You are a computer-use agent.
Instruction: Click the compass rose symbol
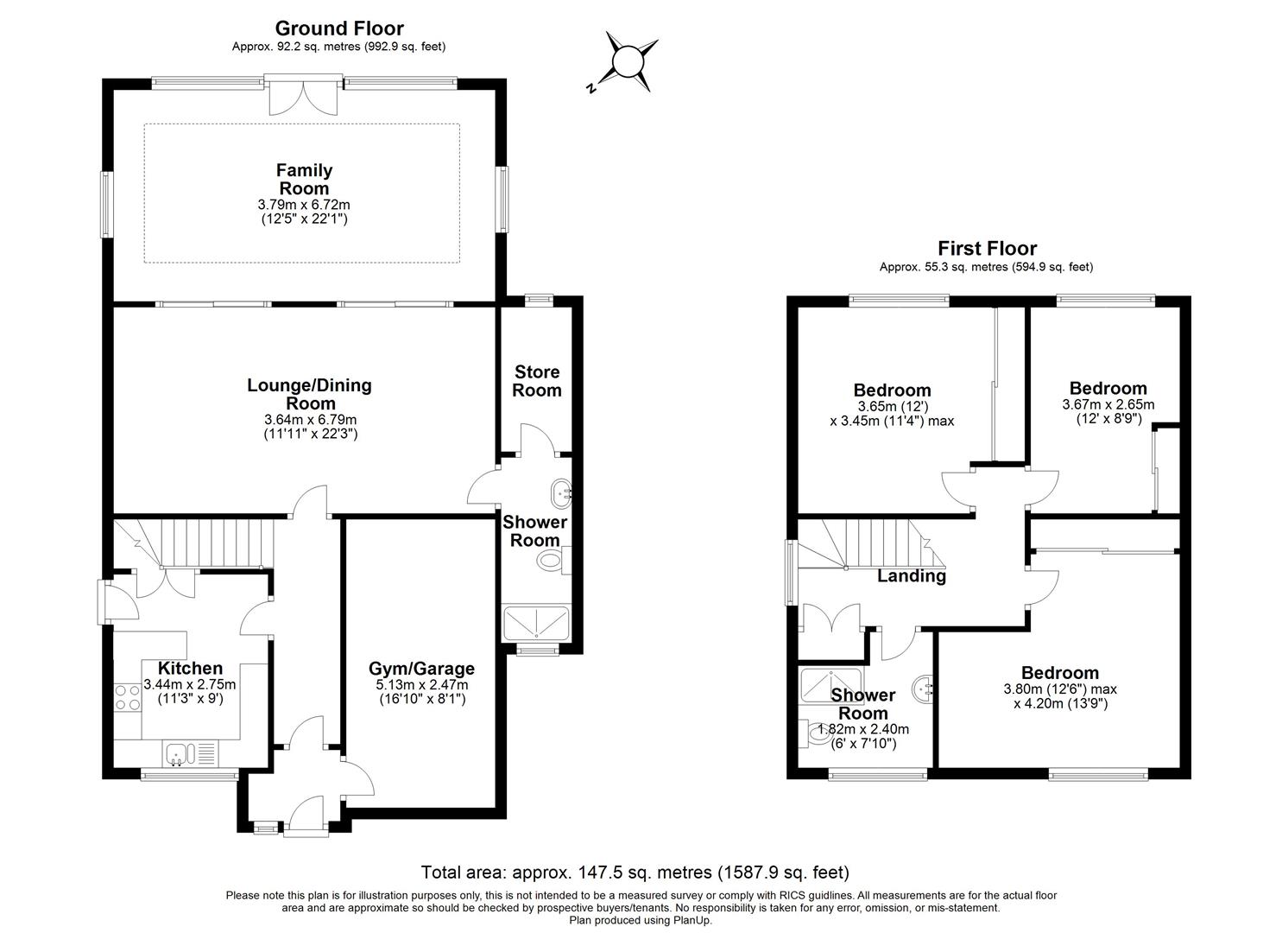click(628, 61)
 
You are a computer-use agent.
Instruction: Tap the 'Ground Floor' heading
click(338, 29)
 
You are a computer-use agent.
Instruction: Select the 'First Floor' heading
click(987, 249)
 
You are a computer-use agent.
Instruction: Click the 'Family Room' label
click(304, 180)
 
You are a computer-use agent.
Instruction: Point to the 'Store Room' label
click(537, 381)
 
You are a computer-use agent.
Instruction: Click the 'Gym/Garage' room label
click(421, 669)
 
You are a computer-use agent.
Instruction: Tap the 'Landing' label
click(912, 576)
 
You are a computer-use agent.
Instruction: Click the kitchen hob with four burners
click(128, 698)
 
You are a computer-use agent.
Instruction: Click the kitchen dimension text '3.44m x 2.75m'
click(190, 684)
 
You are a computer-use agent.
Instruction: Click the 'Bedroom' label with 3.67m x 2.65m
click(1108, 388)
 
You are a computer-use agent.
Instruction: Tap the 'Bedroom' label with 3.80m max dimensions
click(1060, 673)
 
